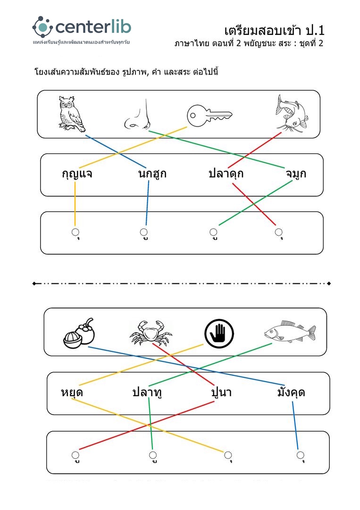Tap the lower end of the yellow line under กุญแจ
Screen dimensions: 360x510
(75, 225)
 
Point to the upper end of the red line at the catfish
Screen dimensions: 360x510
(281, 132)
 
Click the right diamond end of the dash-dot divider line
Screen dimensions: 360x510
(329, 283)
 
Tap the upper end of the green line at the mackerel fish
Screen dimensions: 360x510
(272, 343)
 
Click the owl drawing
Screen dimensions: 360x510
(71, 114)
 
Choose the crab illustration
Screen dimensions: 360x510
(151, 332)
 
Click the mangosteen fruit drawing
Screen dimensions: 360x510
(79, 333)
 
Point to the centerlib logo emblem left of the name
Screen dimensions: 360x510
(42, 26)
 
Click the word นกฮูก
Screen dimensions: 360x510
(152, 173)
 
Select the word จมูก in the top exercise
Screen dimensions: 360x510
(296, 173)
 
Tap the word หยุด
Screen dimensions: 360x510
(72, 392)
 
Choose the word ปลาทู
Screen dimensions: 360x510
(147, 392)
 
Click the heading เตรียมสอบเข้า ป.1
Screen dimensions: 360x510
(275, 31)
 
